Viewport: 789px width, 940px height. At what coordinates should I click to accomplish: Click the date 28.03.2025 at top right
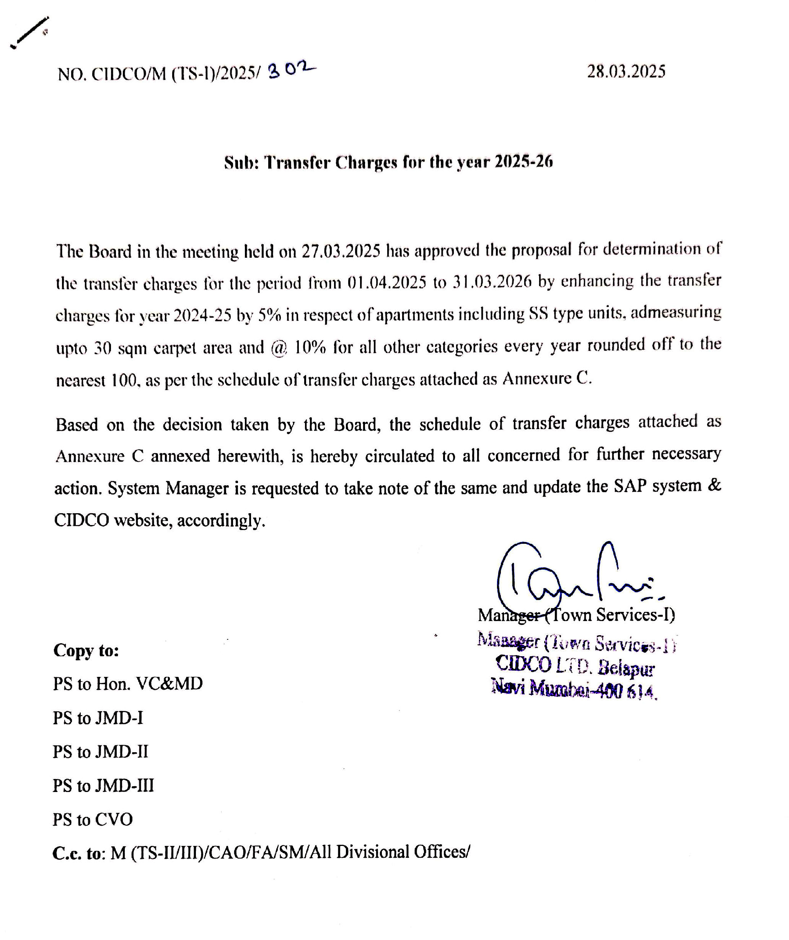tap(626, 72)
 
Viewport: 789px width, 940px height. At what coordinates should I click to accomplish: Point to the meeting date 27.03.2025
tap(341, 251)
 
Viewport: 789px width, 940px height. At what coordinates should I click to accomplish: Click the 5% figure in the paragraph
tap(269, 316)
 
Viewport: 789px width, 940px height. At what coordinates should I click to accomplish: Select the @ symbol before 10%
tap(279, 348)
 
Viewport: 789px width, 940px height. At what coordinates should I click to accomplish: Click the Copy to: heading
tap(86, 651)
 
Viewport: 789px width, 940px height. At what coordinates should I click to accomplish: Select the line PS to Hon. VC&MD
tap(128, 684)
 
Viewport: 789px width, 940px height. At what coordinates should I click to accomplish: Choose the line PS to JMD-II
tap(100, 752)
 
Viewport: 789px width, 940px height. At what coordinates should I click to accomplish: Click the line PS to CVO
tap(93, 820)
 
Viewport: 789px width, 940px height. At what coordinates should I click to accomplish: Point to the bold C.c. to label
tap(78, 853)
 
